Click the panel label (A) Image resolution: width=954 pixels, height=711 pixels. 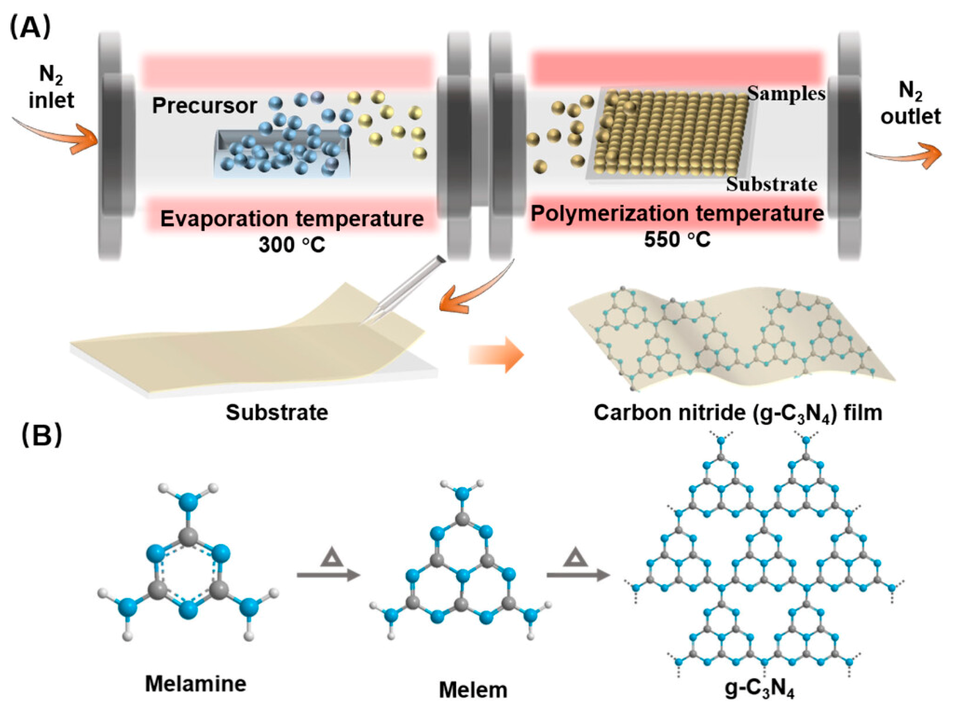click(x=30, y=28)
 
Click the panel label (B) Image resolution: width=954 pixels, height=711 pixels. click(x=41, y=435)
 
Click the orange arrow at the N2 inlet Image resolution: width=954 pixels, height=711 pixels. click(x=60, y=133)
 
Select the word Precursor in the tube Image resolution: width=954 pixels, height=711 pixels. click(x=204, y=106)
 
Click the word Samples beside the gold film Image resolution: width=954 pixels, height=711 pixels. click(x=786, y=94)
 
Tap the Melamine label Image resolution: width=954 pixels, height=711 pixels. click(x=196, y=683)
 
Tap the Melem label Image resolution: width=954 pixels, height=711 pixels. click(x=473, y=690)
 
